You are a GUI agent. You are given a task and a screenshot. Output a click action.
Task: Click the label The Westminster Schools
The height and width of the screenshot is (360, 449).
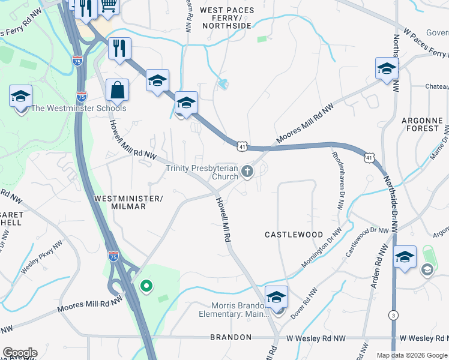[x=79, y=109]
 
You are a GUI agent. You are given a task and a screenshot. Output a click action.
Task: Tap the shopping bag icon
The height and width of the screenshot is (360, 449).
[x=117, y=91]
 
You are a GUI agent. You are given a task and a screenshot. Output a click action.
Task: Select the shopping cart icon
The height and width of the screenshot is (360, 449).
[x=109, y=5]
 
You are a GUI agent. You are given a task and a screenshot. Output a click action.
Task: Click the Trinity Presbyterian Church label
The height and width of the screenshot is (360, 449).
[x=202, y=172]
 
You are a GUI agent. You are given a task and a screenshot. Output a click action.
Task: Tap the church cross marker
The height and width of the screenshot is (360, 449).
[x=247, y=173]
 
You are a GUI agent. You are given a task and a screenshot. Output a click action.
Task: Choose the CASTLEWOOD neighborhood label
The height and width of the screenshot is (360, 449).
[x=294, y=235]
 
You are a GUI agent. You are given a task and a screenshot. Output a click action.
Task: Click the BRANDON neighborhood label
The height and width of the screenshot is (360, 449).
[x=231, y=338]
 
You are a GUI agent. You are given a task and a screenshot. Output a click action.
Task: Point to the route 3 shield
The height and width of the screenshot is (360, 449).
[x=393, y=314]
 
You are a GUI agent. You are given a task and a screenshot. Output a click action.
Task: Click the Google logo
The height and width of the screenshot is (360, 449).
[x=20, y=353]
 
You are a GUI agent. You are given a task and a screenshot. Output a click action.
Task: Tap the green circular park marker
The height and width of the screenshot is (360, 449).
[x=145, y=286]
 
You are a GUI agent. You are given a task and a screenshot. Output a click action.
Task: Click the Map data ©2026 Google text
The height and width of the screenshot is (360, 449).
[x=412, y=355]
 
